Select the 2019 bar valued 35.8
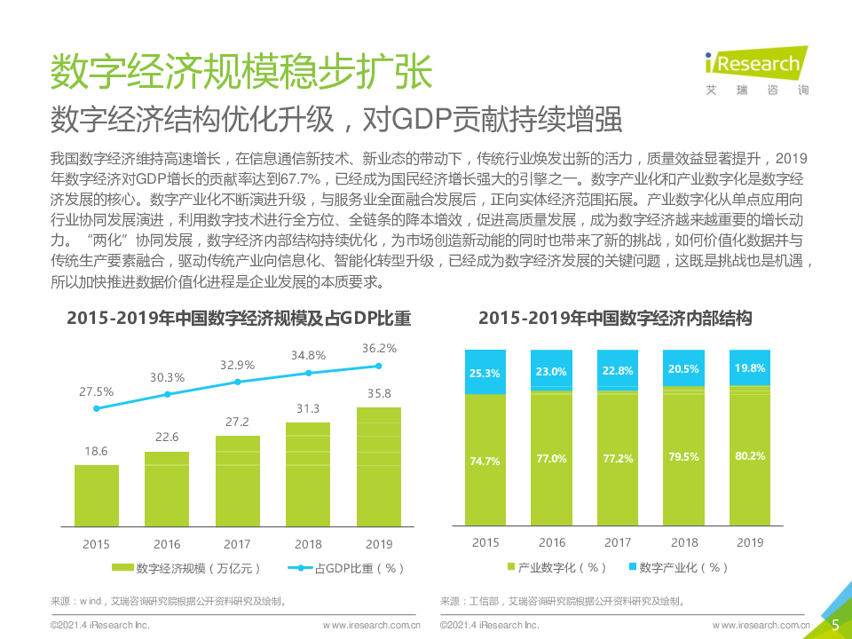[378, 466]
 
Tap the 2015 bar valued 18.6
[96, 494]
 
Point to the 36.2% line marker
[379, 366]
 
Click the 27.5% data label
[96, 390]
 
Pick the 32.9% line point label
[237, 364]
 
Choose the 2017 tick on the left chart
[237, 543]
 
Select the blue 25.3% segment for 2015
[485, 372]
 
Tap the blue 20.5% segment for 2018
[684, 368]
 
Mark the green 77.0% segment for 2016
[552, 459]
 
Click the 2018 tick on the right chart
[684, 541]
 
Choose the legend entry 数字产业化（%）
[677, 566]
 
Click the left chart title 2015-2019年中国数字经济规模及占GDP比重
[239, 318]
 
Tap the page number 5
[835, 625]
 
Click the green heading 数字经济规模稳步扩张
[241, 72]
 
